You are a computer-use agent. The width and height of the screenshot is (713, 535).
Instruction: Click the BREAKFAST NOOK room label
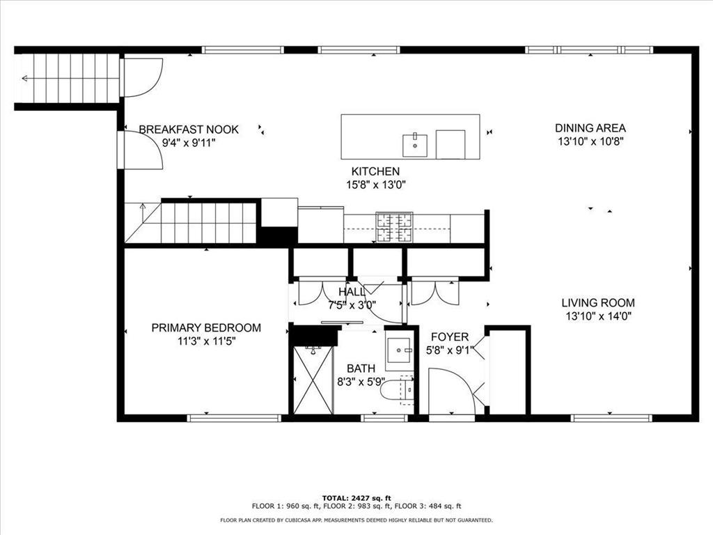click(189, 130)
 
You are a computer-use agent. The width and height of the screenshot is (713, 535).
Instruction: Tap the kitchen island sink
click(414, 145)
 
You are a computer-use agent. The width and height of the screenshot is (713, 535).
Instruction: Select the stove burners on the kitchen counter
click(394, 226)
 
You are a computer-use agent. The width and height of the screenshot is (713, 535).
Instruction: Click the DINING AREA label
click(590, 128)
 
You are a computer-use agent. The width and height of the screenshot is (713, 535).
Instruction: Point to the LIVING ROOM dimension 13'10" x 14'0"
click(598, 316)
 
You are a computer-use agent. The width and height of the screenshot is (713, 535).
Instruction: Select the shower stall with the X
click(313, 380)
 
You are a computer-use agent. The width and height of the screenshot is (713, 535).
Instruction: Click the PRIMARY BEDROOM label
click(206, 328)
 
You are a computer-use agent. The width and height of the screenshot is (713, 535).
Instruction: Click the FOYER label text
click(449, 337)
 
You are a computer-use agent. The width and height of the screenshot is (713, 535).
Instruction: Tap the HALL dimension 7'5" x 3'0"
click(352, 304)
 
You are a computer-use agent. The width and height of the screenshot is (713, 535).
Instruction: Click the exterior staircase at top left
click(67, 78)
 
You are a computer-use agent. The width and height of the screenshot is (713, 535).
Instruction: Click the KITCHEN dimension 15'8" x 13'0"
click(375, 185)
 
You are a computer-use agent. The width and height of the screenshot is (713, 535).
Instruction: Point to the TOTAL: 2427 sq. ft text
click(356, 498)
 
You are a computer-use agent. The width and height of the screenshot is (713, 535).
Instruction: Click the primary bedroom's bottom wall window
click(234, 418)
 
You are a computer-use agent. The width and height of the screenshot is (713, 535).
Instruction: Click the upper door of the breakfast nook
click(142, 77)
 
